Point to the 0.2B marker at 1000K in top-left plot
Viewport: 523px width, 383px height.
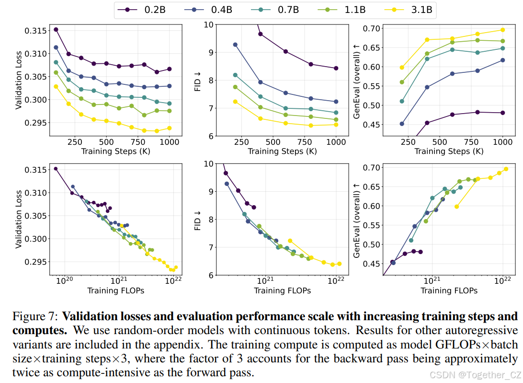(169, 69)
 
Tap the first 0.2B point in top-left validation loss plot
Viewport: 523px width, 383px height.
(56, 30)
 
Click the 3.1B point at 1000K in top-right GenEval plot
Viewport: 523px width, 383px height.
(502, 30)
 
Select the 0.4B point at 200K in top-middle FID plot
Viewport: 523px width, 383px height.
(235, 45)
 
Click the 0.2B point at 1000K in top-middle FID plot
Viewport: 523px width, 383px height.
(336, 68)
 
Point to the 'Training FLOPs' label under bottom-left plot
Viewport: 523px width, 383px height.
(115, 290)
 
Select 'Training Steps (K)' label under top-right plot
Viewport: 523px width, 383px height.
(449, 151)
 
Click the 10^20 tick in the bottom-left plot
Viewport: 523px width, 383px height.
(61, 281)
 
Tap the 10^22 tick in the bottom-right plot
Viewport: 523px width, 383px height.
(502, 281)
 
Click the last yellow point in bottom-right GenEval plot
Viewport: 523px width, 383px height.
(506, 169)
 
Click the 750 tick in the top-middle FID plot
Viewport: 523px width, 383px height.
(304, 142)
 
